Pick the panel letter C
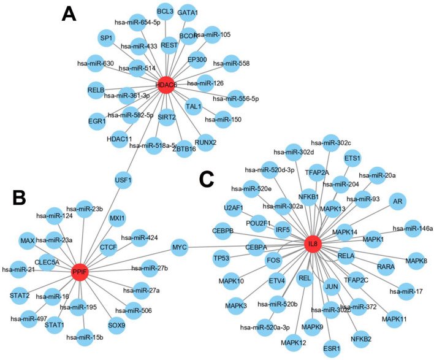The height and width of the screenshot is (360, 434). point(207,178)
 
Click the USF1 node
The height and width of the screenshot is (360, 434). point(124,180)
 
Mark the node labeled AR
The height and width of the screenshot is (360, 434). point(398,201)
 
